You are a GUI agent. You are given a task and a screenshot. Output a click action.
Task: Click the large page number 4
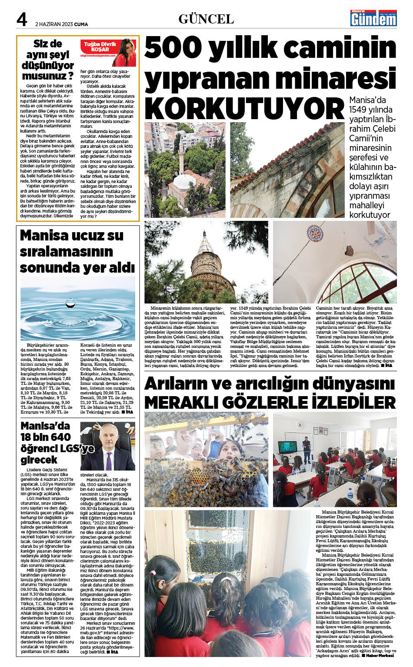tap(22, 19)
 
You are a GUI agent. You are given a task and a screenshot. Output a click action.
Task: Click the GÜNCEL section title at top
tap(206, 19)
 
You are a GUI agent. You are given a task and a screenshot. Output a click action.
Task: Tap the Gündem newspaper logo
tap(373, 18)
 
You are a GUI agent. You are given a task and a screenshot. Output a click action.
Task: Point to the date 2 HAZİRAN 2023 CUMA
tap(61, 24)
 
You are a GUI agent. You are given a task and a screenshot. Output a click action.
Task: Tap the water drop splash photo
tap(77, 308)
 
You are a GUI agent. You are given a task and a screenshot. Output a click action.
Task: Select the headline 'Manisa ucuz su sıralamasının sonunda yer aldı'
tap(77, 251)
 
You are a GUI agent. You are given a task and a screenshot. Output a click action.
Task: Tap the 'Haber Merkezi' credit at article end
tap(380, 655)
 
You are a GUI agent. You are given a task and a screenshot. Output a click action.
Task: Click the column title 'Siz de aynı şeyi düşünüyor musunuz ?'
tap(48, 60)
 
